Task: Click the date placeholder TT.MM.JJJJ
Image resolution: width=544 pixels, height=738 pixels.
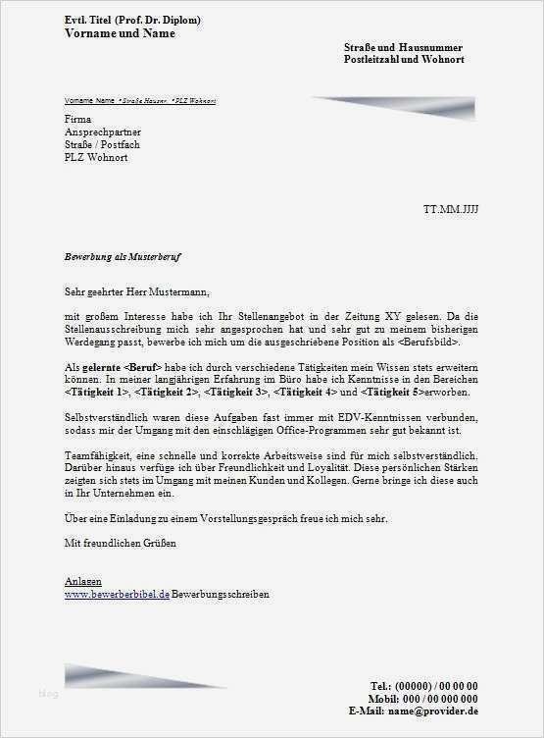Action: [450, 210]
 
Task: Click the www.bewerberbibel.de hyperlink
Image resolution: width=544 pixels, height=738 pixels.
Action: [117, 594]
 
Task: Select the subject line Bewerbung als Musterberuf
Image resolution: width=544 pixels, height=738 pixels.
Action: [123, 256]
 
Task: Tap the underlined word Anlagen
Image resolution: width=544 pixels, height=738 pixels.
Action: [82, 582]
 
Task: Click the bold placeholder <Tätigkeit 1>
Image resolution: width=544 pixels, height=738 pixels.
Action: [97, 392]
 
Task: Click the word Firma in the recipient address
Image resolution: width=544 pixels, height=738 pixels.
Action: [77, 119]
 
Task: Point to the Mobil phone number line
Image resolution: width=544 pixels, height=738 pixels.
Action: [424, 697]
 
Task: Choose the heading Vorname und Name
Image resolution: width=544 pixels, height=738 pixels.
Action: [120, 32]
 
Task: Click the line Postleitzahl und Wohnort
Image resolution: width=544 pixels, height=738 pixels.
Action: [404, 60]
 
